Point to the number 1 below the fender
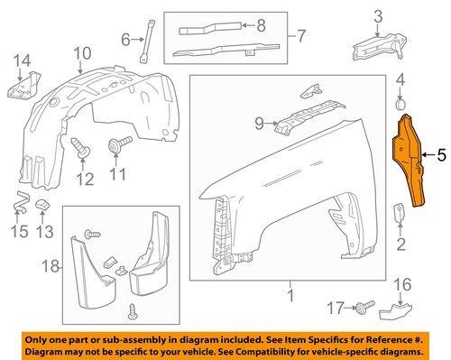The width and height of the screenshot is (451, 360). point(291,295)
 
